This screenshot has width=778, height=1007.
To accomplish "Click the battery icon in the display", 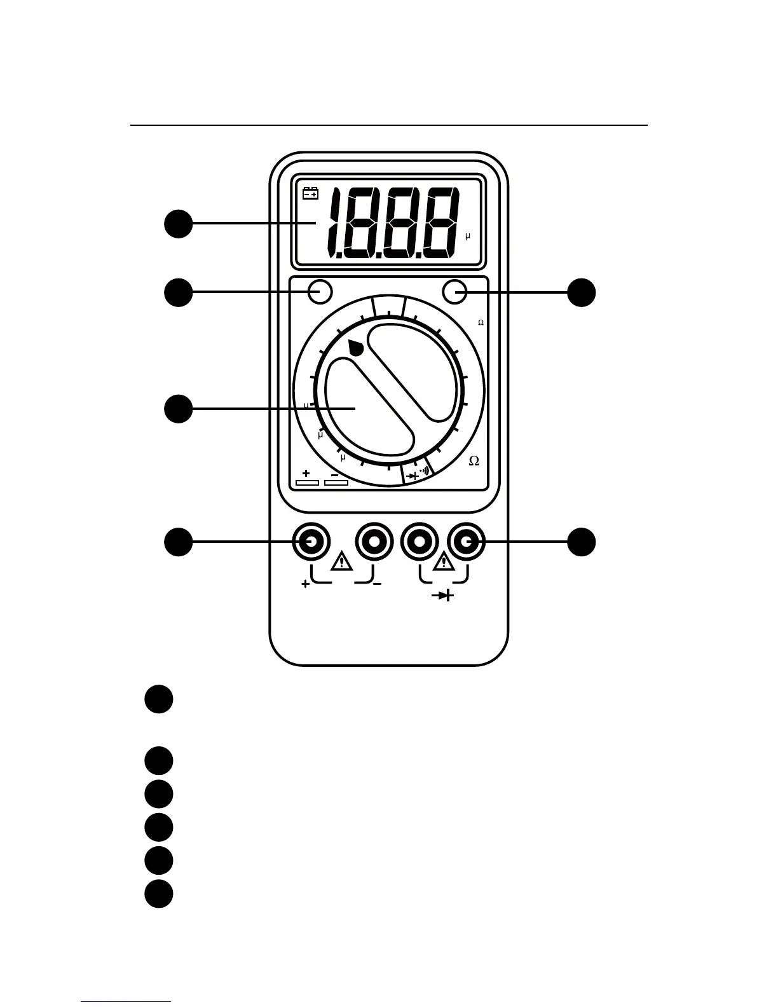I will pos(310,193).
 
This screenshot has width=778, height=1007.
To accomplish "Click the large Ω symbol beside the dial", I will pos(474,461).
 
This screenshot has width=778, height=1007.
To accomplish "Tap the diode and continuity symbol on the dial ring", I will pos(418,474).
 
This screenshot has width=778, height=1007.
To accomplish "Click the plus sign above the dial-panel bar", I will pos(306,473).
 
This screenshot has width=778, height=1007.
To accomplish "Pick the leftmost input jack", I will pos(311,542).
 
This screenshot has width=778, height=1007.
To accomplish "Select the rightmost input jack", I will pos(466,542).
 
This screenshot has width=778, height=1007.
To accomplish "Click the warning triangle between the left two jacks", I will pos(342,562).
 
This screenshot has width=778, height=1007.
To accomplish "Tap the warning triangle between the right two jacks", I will pos(443,562).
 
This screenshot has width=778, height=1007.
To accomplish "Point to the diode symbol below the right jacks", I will pos(444,596).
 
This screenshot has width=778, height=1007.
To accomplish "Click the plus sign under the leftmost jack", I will pos(306,584).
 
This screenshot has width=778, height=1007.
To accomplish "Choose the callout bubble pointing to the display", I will pos(179,224).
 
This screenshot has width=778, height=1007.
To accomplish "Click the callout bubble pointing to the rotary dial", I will pos(179,408).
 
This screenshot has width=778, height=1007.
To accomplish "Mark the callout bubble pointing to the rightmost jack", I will pos(582,542).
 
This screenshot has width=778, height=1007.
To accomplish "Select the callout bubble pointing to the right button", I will pos(582,292).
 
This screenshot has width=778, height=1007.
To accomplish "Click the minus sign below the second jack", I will pos(377,584).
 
